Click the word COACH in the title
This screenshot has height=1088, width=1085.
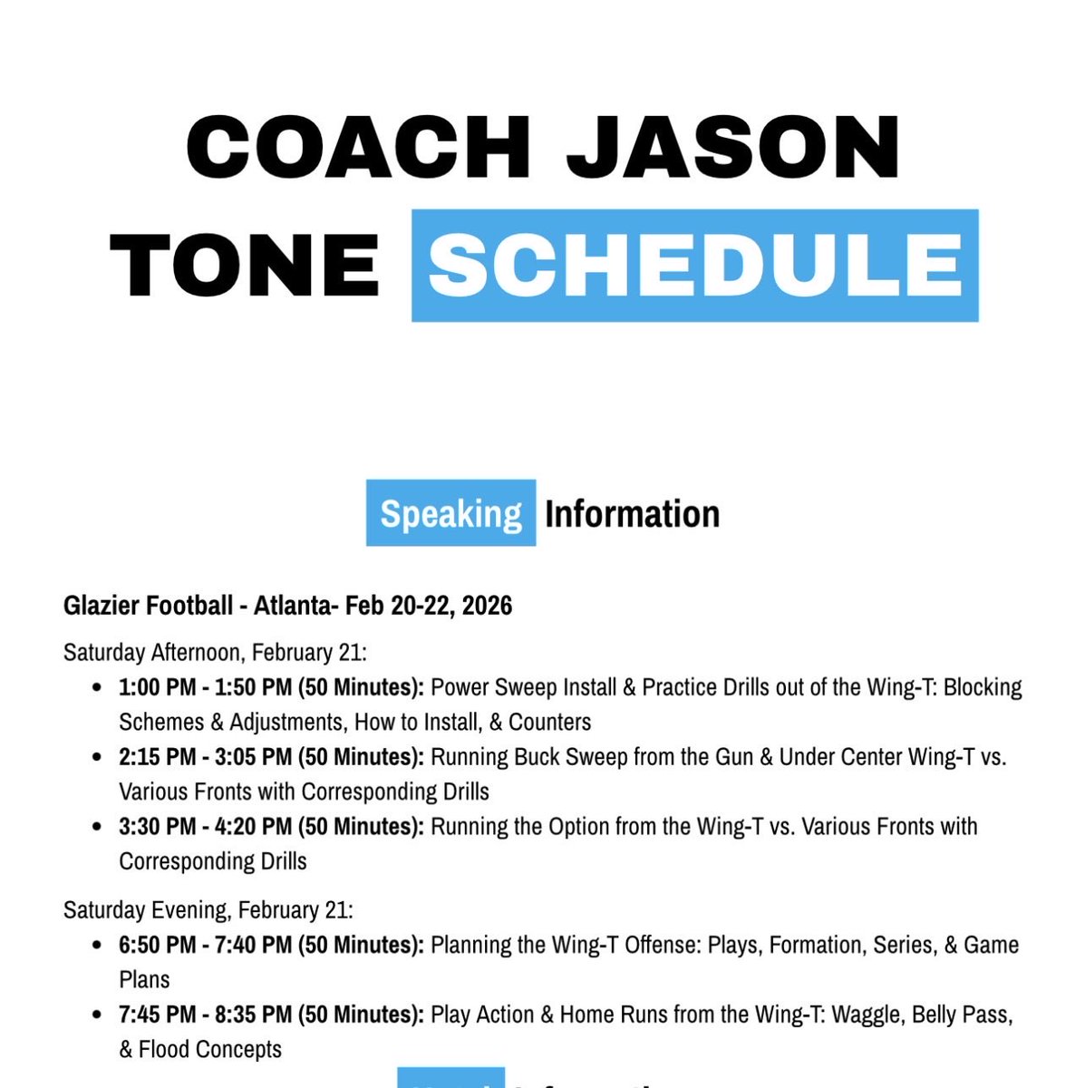[357, 148]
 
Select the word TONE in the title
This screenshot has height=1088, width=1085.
[245, 265]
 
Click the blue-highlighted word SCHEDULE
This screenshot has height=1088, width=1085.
[694, 265]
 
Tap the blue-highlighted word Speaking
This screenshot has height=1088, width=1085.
[450, 514]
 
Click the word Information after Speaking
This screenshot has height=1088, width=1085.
[632, 514]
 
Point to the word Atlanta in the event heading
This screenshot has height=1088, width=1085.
[292, 605]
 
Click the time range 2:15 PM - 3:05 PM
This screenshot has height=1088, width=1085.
[205, 756]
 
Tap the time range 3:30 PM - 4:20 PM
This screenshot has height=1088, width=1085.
[205, 826]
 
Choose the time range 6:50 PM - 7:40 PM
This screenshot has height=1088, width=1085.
[205, 945]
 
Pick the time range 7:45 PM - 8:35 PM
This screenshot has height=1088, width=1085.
[205, 1014]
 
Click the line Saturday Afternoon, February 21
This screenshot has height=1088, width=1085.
[214, 652]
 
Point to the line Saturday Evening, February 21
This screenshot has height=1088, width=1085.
[208, 909]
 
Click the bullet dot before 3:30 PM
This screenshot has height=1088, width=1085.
[97, 827]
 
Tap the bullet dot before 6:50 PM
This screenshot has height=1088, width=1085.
[97, 946]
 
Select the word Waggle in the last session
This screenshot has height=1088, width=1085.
[866, 1014]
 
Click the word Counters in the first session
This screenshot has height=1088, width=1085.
[550, 722]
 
